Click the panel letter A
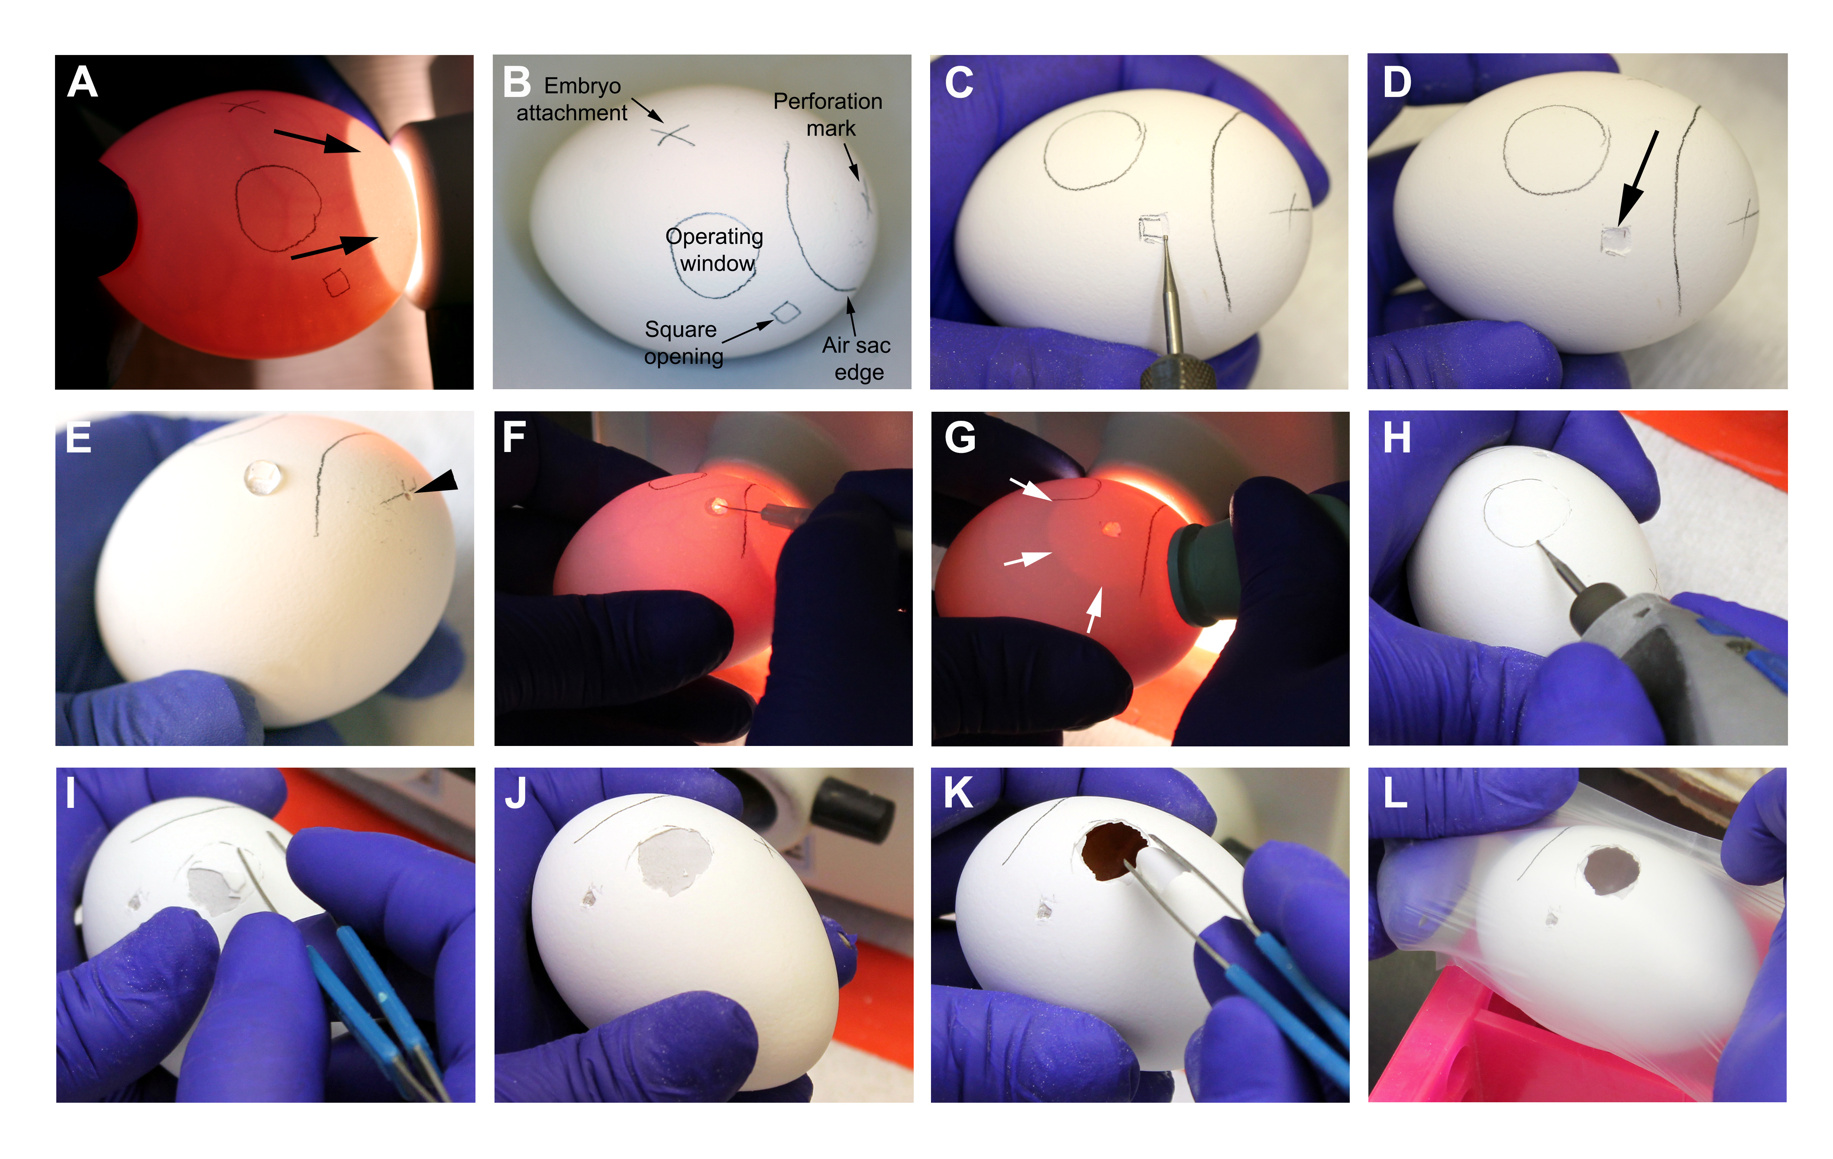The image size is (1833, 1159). [82, 82]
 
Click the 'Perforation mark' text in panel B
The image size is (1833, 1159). [828, 114]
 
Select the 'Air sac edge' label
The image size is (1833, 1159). [857, 358]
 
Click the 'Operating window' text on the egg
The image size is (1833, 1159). [715, 250]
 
